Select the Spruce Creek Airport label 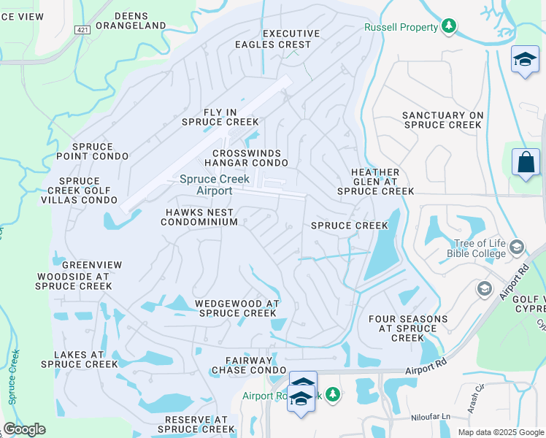(x=215, y=185)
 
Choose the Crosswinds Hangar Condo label (x=246, y=158)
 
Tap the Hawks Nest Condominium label (x=199, y=217)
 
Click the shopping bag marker (x=526, y=163)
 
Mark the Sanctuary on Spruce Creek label (x=442, y=120)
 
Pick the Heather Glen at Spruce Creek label (x=375, y=182)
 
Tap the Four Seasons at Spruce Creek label (x=407, y=328)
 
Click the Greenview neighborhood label (x=92, y=264)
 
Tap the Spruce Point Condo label (x=91, y=151)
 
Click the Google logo (x=24, y=429)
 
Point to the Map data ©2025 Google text (x=501, y=432)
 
